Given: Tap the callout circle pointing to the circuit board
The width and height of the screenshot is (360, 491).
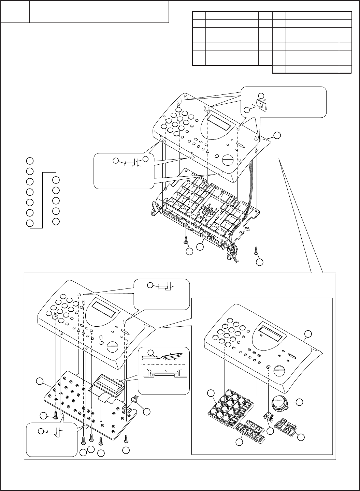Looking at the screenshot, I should (40, 381).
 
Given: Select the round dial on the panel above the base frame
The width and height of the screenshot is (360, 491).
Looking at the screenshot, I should (228, 159).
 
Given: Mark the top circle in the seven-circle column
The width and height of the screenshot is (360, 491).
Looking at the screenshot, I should (30, 160).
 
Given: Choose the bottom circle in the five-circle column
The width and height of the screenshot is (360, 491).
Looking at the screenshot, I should (57, 221).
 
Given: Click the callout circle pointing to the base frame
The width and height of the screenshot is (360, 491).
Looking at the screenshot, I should (201, 244).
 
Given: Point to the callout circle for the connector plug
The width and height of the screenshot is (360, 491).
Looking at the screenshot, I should (147, 412).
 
